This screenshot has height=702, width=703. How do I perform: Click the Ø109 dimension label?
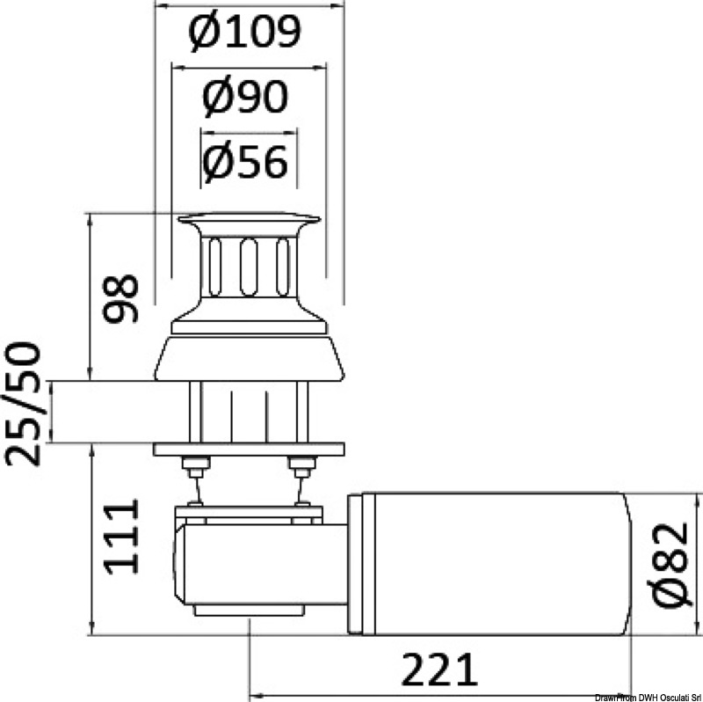(x=245, y=33)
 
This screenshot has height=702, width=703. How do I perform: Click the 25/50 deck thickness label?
(x=23, y=404)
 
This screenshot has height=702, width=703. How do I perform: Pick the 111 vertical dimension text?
(x=122, y=537)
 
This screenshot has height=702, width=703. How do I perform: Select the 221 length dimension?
(x=439, y=669)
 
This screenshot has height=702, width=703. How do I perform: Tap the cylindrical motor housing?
(x=492, y=563)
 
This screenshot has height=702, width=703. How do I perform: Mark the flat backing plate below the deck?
(x=249, y=449)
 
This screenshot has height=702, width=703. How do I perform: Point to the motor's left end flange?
(x=355, y=563)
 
